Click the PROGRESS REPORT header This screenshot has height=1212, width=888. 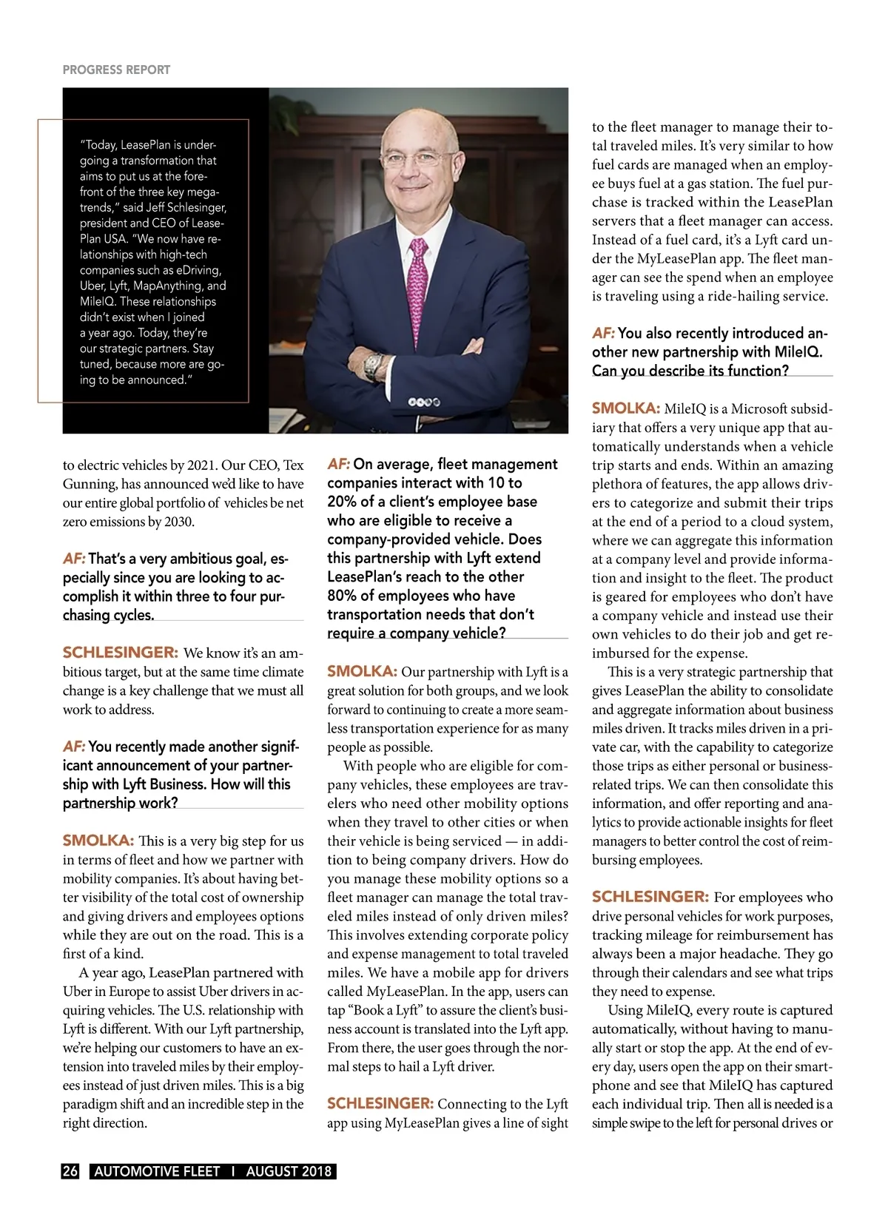pos(116,70)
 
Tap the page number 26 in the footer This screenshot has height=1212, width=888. pos(70,1171)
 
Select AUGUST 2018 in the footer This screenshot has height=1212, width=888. pos(289,1171)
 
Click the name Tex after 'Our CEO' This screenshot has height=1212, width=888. pos(294,465)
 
